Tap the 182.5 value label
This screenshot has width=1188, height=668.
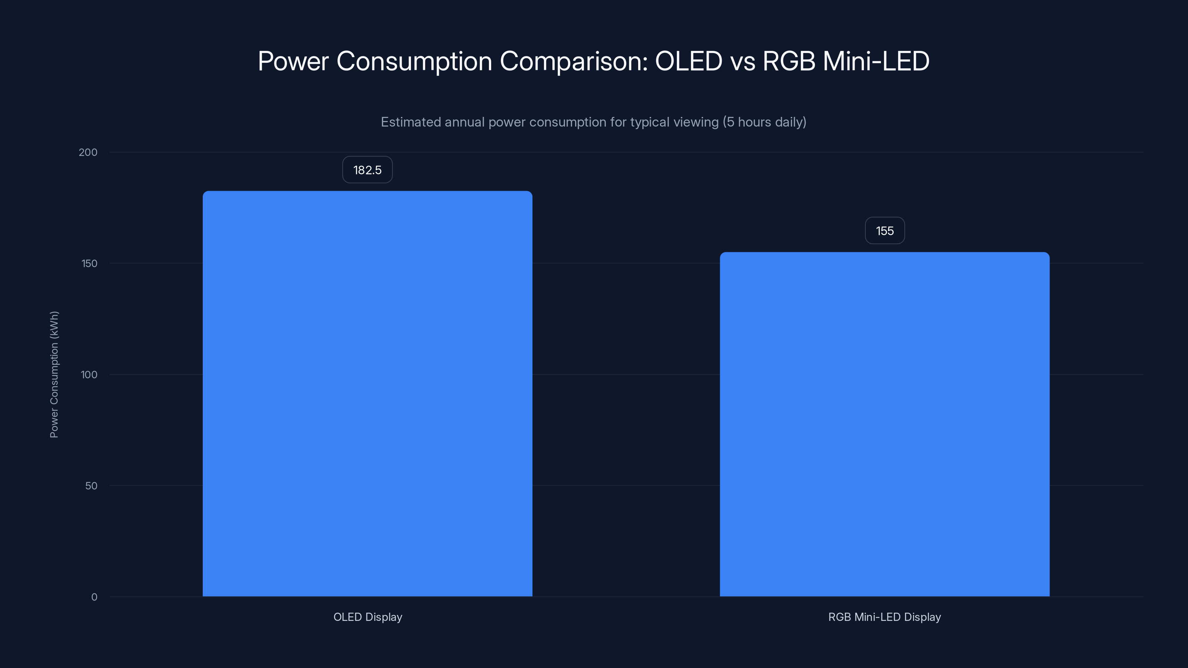[x=367, y=170]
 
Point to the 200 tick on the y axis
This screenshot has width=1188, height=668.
[x=88, y=152]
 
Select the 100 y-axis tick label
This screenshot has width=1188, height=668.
[x=89, y=375]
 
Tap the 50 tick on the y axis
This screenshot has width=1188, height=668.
[x=91, y=486]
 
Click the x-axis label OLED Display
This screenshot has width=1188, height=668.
[x=368, y=617]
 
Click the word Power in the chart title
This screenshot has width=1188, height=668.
[x=293, y=61]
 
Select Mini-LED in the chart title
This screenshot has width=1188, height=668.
[x=876, y=61]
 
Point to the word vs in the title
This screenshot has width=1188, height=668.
[x=742, y=61]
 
